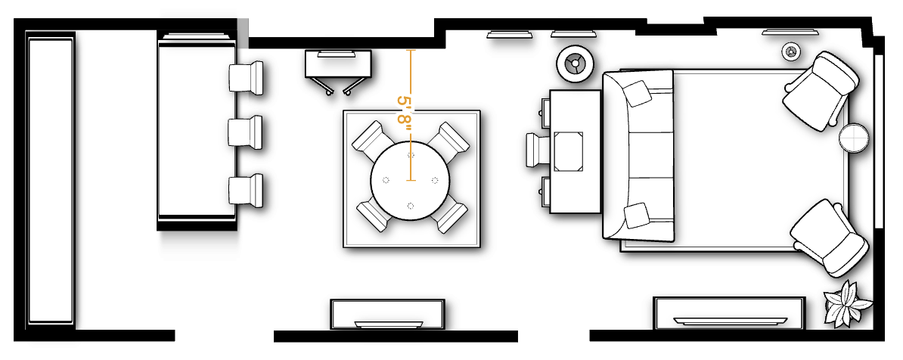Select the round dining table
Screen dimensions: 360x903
(x=411, y=180)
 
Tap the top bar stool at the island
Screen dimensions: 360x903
(x=247, y=77)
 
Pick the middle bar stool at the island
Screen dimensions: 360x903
(x=247, y=132)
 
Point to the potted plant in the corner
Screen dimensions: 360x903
(x=846, y=304)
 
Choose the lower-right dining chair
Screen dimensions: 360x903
(x=451, y=216)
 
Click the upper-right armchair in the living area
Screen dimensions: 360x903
(x=821, y=88)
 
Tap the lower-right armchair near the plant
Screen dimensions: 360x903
(x=828, y=236)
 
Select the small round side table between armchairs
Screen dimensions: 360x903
(x=855, y=138)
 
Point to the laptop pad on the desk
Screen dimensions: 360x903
(x=569, y=151)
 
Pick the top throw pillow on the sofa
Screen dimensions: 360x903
(x=637, y=93)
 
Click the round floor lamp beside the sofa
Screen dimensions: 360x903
(x=573, y=64)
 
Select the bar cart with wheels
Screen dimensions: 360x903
(x=338, y=70)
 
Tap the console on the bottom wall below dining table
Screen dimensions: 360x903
(x=387, y=314)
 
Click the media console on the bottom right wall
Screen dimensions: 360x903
(x=728, y=313)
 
